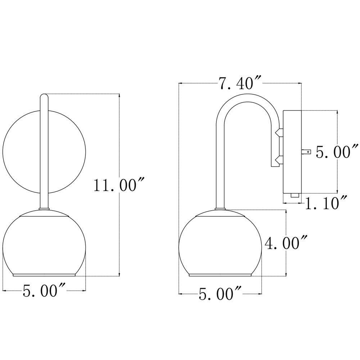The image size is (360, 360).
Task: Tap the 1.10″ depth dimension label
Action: (326, 202)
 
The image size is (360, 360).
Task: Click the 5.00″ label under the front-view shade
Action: (44, 291)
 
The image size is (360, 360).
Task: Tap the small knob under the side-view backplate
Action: (295, 195)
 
